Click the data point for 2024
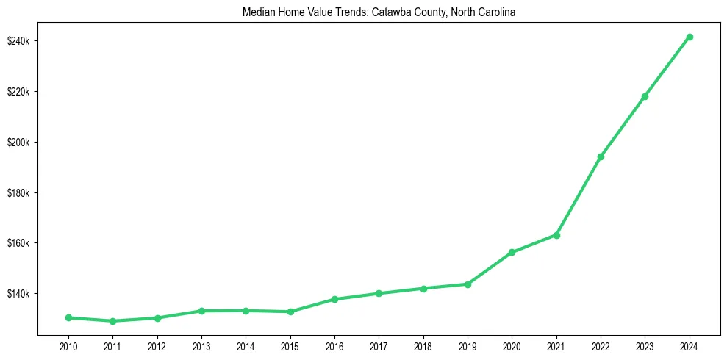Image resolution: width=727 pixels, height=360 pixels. (689, 37)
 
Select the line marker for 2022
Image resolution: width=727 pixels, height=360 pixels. (601, 156)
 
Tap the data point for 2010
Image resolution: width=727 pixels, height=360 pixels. (68, 317)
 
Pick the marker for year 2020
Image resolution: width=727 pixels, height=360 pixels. (512, 252)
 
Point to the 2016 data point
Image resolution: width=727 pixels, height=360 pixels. (334, 299)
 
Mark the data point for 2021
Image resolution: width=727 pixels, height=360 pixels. (556, 235)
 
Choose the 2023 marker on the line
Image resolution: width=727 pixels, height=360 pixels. (645, 96)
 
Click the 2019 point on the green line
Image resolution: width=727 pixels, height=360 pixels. (468, 284)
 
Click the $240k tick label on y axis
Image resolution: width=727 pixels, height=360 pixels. (18, 40)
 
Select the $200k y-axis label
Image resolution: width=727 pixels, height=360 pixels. (18, 142)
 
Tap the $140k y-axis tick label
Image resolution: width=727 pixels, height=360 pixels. (18, 294)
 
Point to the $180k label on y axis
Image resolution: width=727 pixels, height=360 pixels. (18, 192)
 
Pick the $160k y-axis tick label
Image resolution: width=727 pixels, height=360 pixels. (18, 243)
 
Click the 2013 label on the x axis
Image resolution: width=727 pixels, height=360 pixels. (201, 347)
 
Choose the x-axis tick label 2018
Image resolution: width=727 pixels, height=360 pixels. (423, 347)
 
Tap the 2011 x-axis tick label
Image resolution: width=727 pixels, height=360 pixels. (112, 347)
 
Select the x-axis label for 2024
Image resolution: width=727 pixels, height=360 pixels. (689, 347)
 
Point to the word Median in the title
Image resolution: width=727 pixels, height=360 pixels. (257, 12)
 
